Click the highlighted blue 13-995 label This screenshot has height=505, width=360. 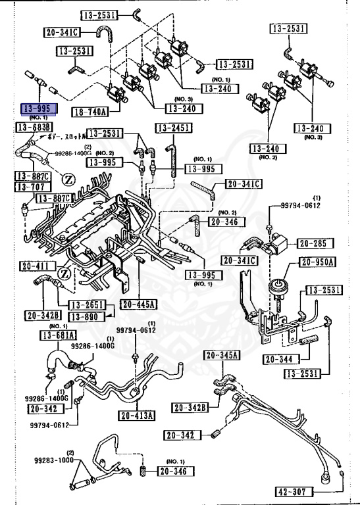coord(39,109)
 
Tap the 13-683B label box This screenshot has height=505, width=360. coord(34,126)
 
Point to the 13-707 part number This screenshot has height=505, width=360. coord(30,187)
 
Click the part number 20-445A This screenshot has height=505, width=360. coord(138,304)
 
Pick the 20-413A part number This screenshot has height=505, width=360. coord(137,416)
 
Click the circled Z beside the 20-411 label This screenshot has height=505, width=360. coord(64,273)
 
